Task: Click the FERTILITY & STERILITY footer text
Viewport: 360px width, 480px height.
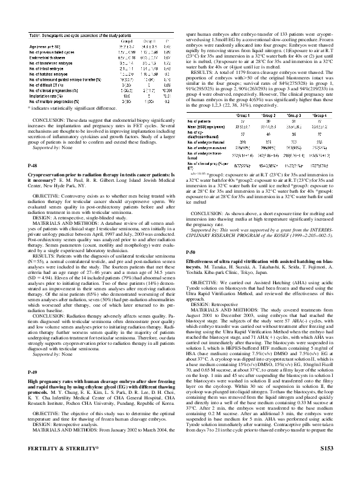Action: click(x=55, y=465)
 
